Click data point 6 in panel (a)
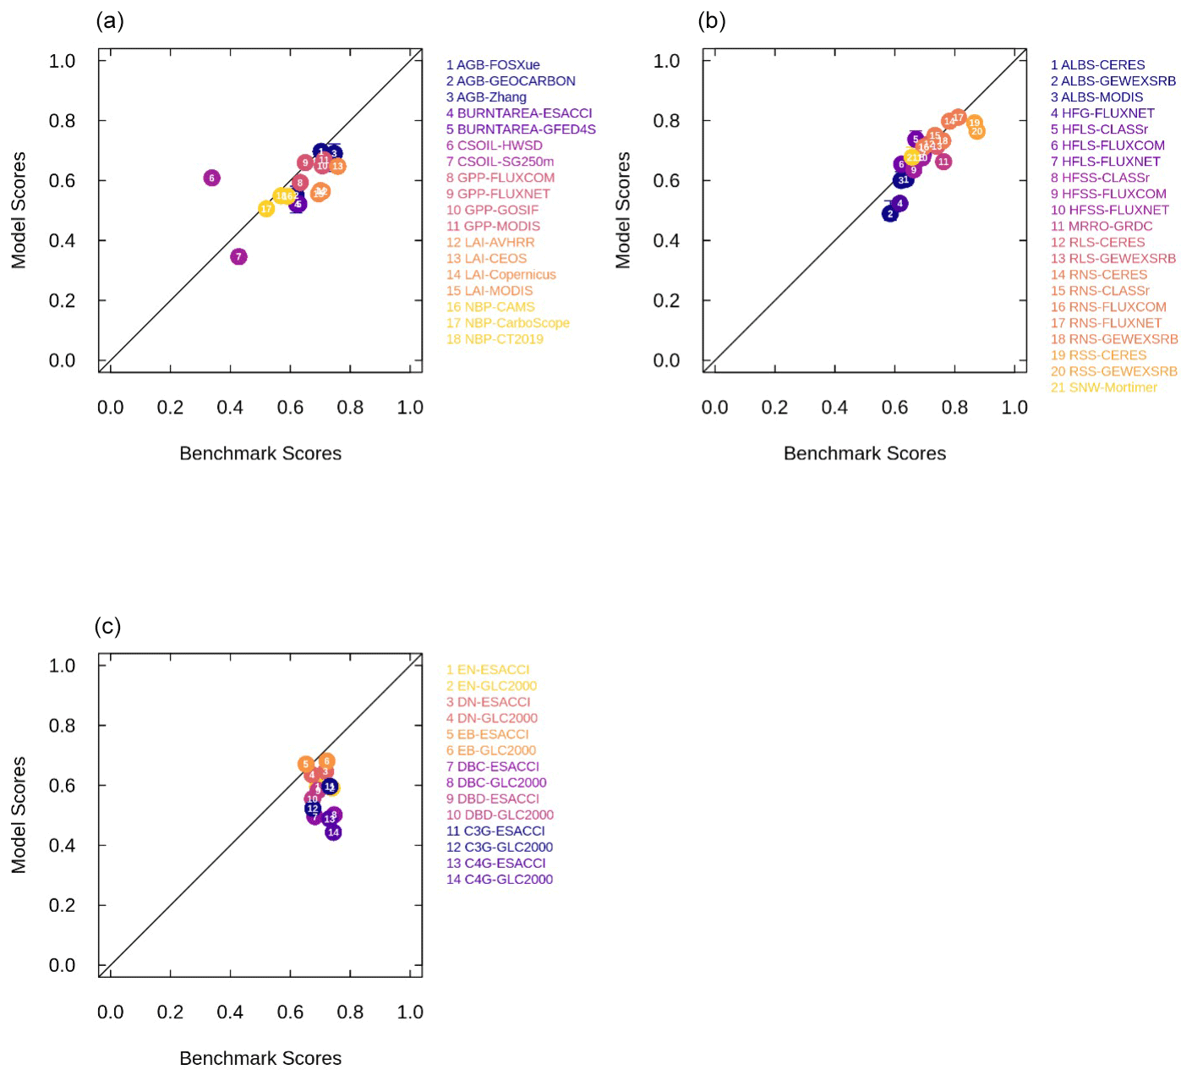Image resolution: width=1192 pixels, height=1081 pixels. click(211, 178)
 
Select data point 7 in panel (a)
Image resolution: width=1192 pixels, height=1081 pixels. click(238, 256)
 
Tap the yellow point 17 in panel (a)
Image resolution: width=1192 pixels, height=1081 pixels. click(266, 209)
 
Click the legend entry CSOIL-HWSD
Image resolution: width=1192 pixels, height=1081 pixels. click(495, 145)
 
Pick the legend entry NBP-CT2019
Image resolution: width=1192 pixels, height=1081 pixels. click(495, 339)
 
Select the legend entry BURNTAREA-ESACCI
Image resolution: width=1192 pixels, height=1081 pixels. click(519, 113)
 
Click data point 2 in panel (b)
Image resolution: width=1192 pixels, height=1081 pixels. click(889, 214)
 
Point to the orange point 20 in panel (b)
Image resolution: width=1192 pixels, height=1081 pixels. click(976, 131)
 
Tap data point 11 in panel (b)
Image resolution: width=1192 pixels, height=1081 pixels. click(943, 162)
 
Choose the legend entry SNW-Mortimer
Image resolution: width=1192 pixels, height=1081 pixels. click(1103, 387)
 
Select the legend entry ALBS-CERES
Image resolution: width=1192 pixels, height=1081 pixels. click(1097, 65)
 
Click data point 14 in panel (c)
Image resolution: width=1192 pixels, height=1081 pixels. click(333, 832)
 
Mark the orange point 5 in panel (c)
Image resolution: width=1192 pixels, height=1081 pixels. click(305, 764)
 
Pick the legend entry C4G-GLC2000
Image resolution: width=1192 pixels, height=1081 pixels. click(500, 880)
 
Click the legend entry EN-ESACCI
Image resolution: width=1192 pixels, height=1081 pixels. click(488, 670)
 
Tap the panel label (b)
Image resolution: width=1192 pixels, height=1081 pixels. click(712, 21)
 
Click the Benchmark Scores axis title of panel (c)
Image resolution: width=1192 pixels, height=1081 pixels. click(260, 1058)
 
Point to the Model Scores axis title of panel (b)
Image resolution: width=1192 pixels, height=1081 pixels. click(623, 210)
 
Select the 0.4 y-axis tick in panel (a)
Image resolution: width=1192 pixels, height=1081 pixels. click(63, 241)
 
